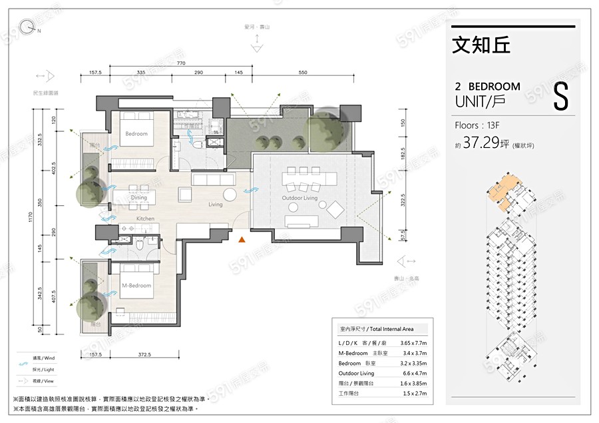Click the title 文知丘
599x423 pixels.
click(481, 45)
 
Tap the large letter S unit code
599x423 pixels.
click(560, 97)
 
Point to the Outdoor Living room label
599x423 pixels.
click(301, 198)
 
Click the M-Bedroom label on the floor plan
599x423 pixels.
click(136, 286)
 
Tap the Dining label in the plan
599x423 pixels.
click(138, 198)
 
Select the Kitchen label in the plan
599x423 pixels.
click(145, 218)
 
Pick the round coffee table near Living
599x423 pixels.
click(230, 195)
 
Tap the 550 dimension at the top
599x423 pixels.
click(303, 72)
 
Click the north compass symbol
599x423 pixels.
click(27, 27)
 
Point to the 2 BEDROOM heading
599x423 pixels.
click(487, 87)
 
